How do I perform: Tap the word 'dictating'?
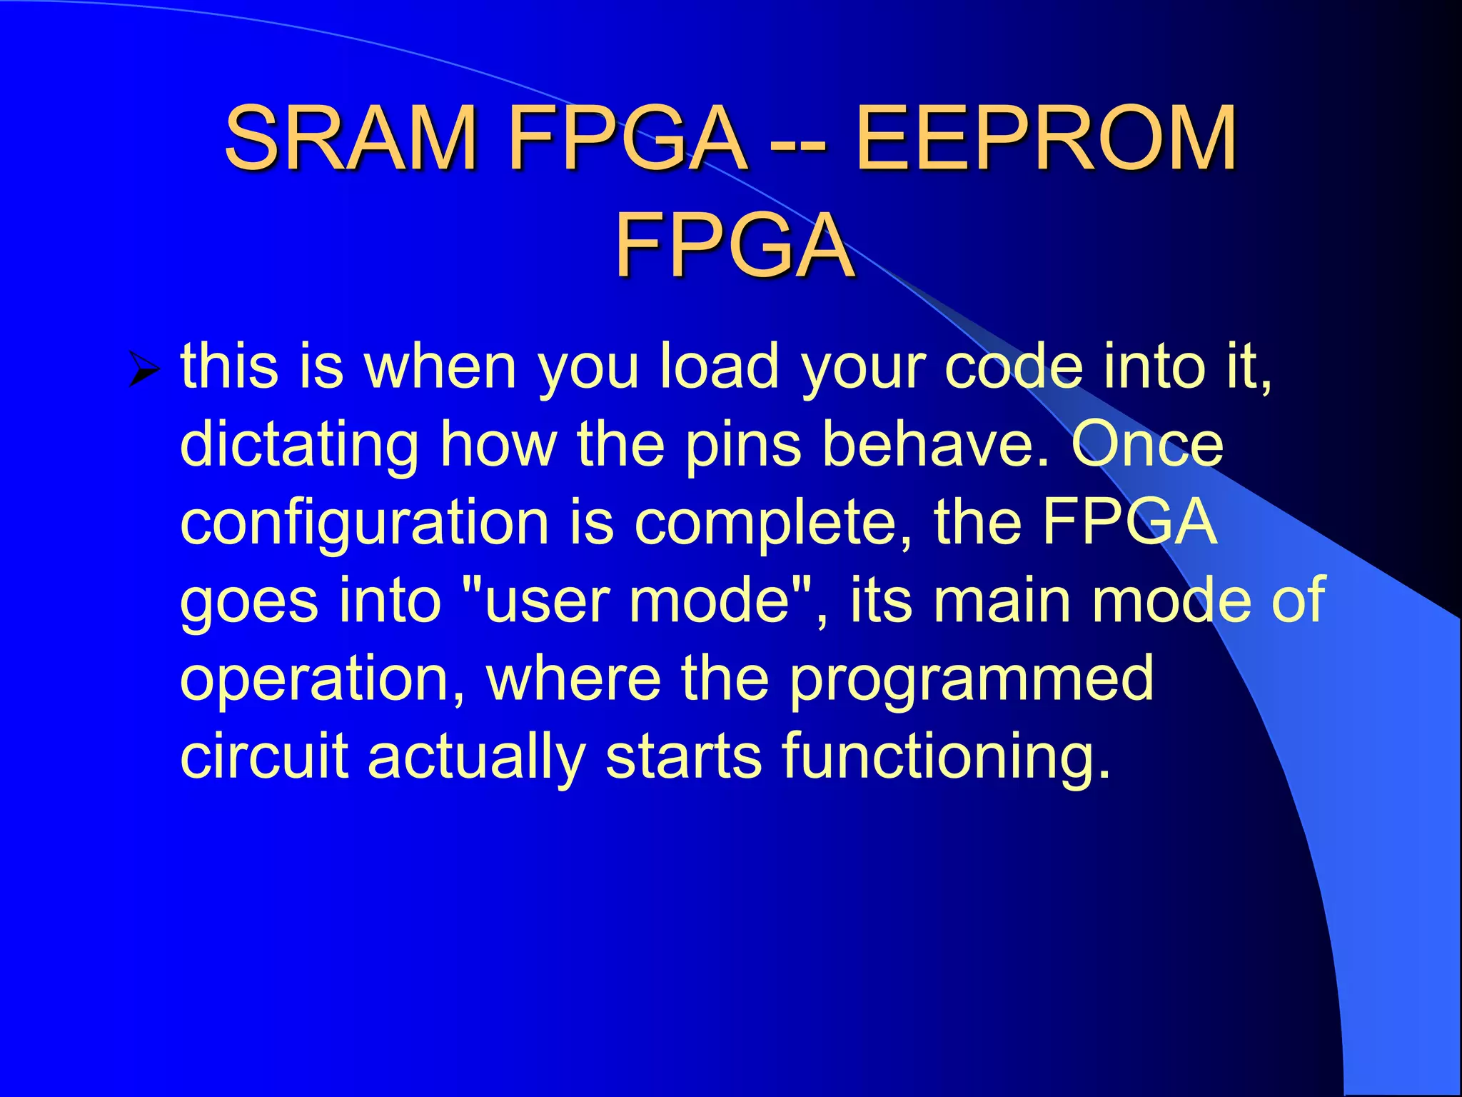[x=299, y=446]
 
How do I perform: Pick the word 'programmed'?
[x=971, y=681]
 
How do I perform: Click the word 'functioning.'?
[x=947, y=758]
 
